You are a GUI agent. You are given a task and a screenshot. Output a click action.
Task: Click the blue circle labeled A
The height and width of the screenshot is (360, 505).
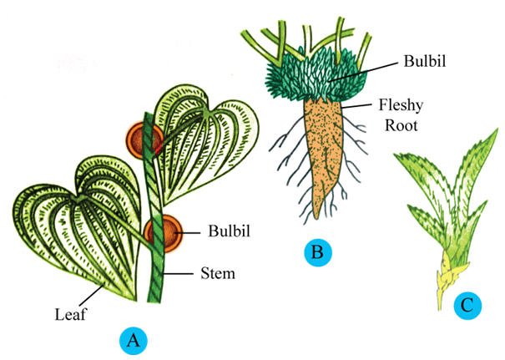click(x=131, y=340)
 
